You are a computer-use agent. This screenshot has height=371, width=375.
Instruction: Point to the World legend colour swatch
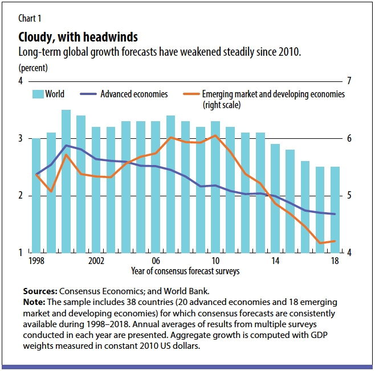pos(39,94)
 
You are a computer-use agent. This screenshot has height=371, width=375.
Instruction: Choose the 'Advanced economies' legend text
pos(134,94)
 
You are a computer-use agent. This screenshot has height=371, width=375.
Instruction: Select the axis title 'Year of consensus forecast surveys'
pos(185,271)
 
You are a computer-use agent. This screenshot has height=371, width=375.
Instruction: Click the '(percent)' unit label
pos(32,68)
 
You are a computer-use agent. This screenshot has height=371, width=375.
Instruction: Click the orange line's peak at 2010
pos(215,135)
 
